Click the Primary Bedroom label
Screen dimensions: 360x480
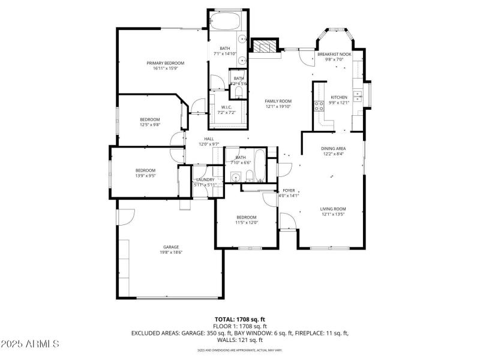(x=166, y=63)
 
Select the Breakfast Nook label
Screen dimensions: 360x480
(x=334, y=55)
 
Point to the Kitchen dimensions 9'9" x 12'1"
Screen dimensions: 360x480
(x=339, y=102)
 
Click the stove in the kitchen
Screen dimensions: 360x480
(x=317, y=106)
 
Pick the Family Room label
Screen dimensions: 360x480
(x=278, y=101)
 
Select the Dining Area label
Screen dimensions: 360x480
(x=333, y=148)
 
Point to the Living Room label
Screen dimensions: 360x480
(x=333, y=209)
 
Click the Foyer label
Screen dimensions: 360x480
(x=289, y=190)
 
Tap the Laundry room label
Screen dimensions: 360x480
(x=205, y=179)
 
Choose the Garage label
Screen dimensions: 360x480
(x=171, y=247)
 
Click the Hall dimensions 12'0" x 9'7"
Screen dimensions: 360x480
(x=209, y=144)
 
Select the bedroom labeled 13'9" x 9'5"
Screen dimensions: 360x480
(x=145, y=173)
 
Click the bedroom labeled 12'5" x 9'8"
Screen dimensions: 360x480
(x=150, y=122)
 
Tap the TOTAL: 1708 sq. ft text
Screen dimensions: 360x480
(x=240, y=319)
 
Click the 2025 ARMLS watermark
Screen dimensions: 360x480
(x=30, y=344)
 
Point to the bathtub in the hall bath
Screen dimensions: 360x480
(x=260, y=166)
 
